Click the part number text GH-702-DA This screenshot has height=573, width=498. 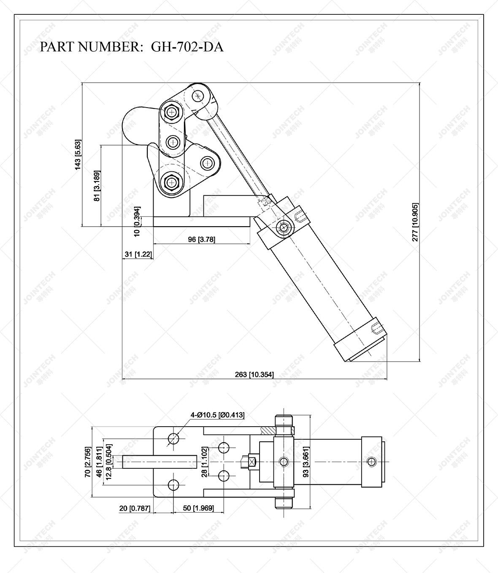(187, 47)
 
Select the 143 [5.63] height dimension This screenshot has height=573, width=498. (78, 155)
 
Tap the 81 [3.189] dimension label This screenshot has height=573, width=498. (97, 186)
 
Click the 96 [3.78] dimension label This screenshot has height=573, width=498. (201, 239)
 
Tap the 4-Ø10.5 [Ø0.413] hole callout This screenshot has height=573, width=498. (217, 415)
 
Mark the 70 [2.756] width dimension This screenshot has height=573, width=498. (88, 462)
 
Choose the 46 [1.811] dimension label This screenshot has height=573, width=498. (99, 462)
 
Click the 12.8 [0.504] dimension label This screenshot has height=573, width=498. (109, 462)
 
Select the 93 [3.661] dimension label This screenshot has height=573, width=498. (307, 462)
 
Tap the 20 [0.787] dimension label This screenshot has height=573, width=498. (135, 508)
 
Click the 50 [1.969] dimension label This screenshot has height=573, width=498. (198, 508)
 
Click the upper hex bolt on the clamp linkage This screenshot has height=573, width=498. (172, 112)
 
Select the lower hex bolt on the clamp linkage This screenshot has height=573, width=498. (171, 182)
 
